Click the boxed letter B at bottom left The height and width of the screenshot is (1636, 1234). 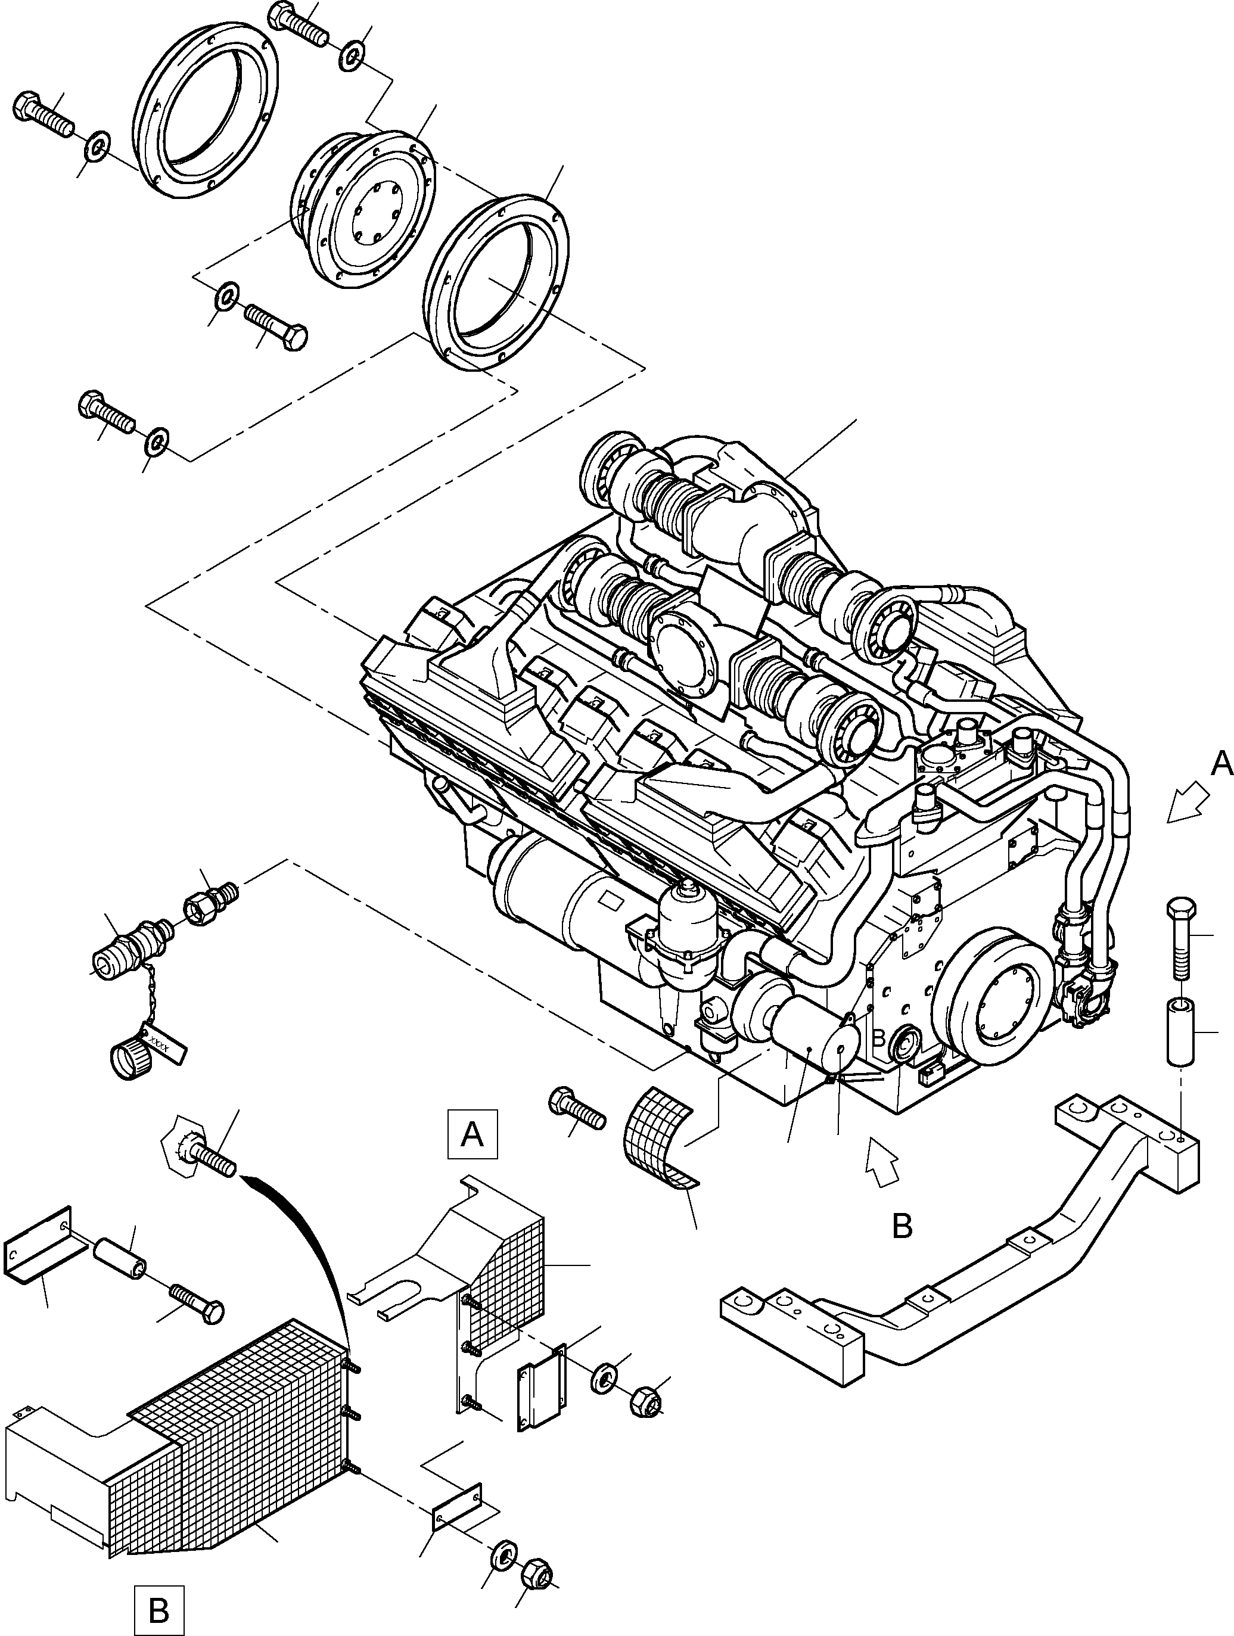click(x=158, y=1605)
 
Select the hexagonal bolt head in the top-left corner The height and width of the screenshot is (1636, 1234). click(x=27, y=107)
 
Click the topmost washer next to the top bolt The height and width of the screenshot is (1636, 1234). click(x=352, y=56)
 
